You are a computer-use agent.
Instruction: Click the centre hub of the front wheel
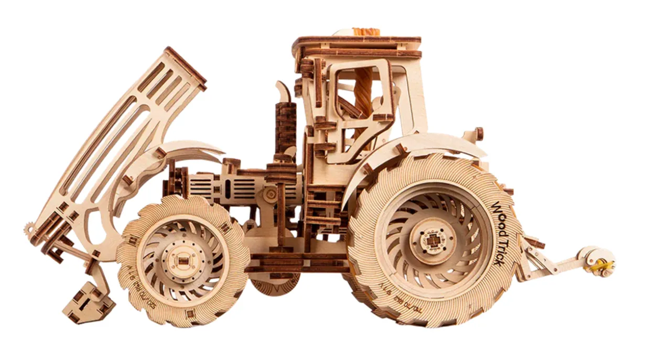pyautogui.click(x=182, y=260)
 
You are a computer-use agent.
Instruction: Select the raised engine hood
pyautogui.click(x=121, y=141)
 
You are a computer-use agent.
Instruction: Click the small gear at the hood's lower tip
pyautogui.click(x=29, y=230)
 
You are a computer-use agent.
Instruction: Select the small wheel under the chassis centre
pyautogui.click(x=274, y=283)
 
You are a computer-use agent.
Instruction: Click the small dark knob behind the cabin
pyautogui.click(x=479, y=133)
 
